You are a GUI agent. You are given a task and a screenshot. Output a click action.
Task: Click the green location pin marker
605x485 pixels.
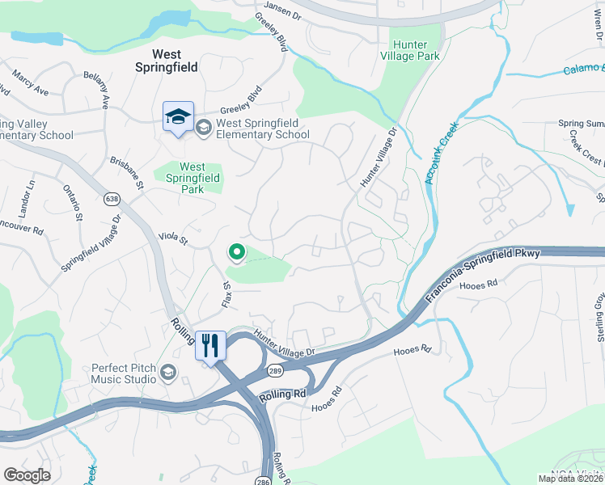236,253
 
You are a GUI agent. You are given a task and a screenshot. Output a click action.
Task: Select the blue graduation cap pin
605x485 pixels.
177,118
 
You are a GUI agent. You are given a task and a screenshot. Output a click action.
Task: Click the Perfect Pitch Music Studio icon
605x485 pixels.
168,372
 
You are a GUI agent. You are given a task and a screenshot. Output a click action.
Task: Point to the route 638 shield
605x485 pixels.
112,198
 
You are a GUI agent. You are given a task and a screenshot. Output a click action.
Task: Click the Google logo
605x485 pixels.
27,475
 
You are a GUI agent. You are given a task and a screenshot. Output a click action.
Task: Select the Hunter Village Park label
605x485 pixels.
414,50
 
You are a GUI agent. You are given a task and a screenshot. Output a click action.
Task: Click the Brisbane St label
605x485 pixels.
127,173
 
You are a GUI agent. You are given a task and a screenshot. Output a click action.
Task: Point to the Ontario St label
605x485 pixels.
72,202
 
